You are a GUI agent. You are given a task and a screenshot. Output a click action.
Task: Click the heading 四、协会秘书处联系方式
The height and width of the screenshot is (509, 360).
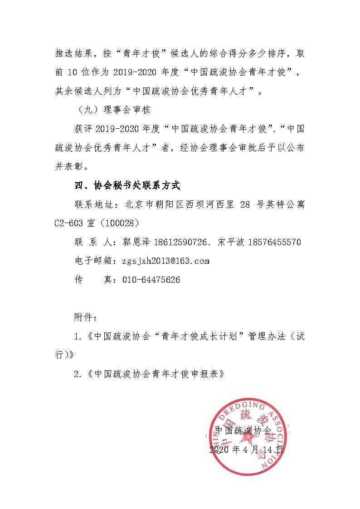127,185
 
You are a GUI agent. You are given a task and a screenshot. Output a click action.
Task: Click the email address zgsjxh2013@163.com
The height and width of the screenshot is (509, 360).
165,261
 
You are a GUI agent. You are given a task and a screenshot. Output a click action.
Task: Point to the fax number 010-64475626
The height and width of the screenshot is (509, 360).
151,280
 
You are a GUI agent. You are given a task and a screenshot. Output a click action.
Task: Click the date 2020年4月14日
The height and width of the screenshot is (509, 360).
246,450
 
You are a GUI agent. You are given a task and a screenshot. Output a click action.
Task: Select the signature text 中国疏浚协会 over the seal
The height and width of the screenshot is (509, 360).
243,430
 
